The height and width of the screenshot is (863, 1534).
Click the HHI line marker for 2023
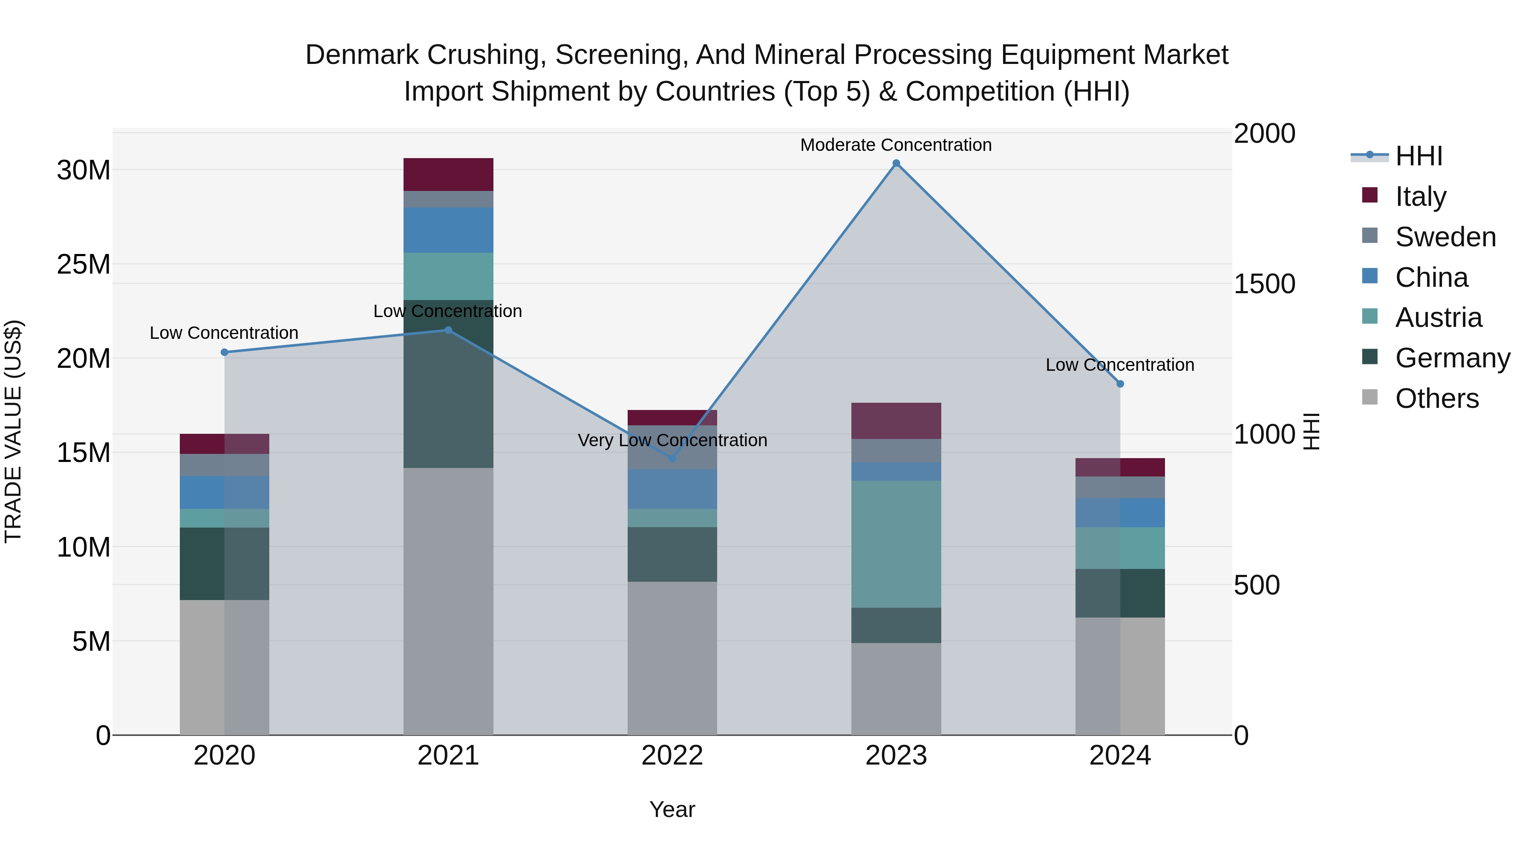[896, 163]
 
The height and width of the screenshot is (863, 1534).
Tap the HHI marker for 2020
[225, 352]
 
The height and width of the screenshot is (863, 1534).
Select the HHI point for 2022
[672, 459]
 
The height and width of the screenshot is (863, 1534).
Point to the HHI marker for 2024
[1120, 384]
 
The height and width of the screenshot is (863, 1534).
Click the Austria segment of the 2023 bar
[896, 544]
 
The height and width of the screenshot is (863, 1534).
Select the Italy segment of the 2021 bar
[448, 174]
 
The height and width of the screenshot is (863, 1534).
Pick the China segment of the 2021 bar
[448, 230]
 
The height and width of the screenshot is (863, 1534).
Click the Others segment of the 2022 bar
[672, 658]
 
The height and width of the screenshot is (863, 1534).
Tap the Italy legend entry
[1420, 196]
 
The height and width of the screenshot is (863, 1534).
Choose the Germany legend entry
[1453, 358]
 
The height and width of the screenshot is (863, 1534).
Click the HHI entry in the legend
[1419, 156]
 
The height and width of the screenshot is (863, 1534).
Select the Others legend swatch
[1370, 397]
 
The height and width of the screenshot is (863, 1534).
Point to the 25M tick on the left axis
[84, 264]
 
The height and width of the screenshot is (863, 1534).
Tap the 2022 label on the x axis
[672, 756]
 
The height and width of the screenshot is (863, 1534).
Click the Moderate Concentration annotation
[896, 145]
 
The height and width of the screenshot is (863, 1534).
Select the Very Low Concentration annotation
[672, 440]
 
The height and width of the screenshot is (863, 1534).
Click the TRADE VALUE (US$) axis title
[13, 431]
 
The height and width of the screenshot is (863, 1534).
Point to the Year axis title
[672, 809]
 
